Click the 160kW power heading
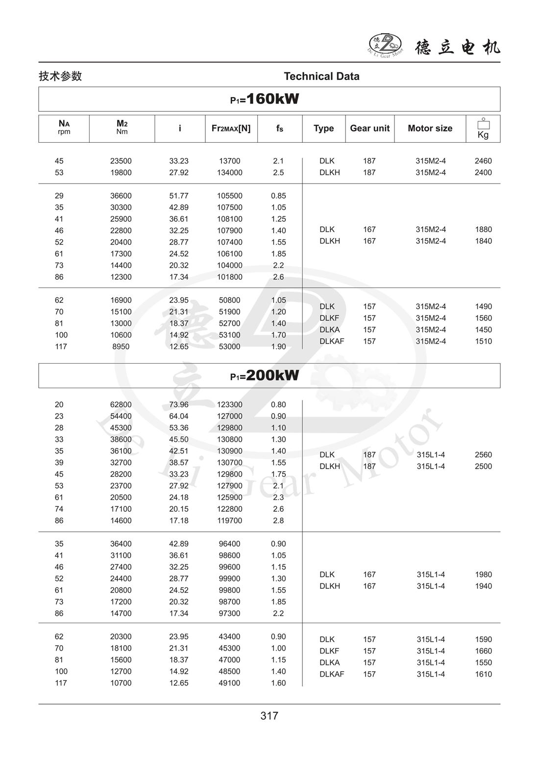click(265, 99)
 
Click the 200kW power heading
click(265, 376)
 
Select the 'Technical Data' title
click(321, 77)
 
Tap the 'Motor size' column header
click(430, 129)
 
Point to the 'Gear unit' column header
click(369, 129)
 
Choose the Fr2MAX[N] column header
click(231, 129)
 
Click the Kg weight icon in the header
click(483, 129)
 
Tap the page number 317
click(269, 716)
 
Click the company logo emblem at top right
click(385, 45)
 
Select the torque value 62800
click(121, 405)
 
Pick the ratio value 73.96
click(179, 405)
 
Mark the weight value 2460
click(483, 161)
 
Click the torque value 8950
click(121, 347)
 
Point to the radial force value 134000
click(229, 173)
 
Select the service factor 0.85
click(278, 196)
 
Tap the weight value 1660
click(483, 651)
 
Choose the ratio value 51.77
click(179, 196)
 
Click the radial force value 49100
click(229, 683)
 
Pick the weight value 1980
click(483, 575)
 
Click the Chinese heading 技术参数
click(60, 77)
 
